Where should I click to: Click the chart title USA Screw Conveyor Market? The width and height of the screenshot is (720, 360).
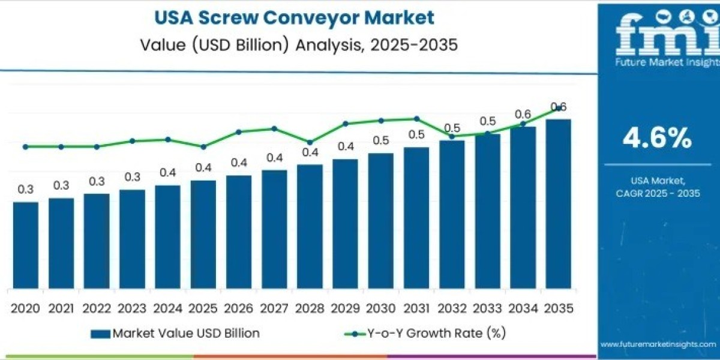[x=294, y=18]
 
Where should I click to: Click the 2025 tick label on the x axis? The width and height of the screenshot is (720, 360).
[x=203, y=308]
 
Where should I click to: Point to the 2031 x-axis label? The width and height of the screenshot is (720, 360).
[x=416, y=308]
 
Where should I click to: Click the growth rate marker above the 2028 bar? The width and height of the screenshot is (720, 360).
[x=310, y=142]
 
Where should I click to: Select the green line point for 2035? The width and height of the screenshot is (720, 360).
[x=558, y=108]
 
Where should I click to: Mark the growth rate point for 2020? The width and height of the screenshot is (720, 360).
[x=25, y=146]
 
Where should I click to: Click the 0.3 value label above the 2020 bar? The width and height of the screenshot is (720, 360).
[x=25, y=189]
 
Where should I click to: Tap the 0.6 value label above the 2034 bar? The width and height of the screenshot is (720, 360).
[x=523, y=114]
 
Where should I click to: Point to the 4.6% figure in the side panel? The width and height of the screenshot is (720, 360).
[x=657, y=139]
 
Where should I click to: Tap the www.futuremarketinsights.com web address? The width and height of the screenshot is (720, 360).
[x=658, y=344]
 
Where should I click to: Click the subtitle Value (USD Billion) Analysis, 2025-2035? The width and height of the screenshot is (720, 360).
[x=294, y=44]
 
